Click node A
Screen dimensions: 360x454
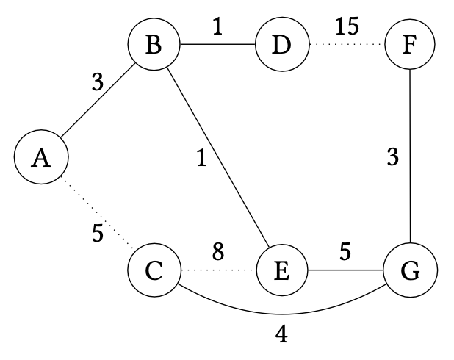tap(41, 159)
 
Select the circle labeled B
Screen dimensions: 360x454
tap(154, 46)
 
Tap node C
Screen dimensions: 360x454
tap(154, 271)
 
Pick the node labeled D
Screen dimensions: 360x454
tap(281, 46)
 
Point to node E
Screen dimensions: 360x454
tap(281, 271)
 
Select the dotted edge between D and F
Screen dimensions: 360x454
tap(345, 46)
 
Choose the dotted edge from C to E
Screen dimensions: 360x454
tap(217, 271)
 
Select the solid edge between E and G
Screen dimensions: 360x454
tap(345, 271)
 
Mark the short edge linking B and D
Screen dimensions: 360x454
tap(217, 46)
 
